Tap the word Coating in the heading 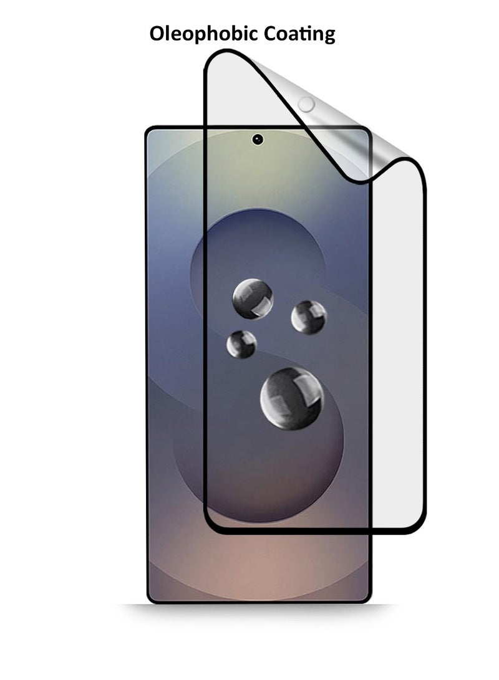(x=299, y=34)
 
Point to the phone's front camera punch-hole (x=258, y=139)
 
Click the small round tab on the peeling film (x=306, y=104)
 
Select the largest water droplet (x=292, y=398)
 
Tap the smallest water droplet (x=241, y=344)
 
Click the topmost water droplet (x=253, y=299)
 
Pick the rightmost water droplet (x=309, y=317)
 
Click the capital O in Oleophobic (x=157, y=34)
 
